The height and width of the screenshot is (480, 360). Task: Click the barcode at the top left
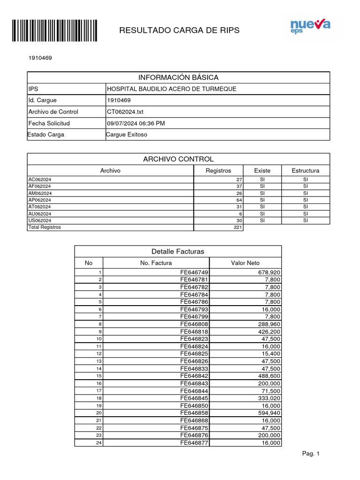(54, 31)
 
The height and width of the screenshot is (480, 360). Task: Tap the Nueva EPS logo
(310, 26)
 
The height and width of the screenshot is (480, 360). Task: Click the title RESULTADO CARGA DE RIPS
(179, 30)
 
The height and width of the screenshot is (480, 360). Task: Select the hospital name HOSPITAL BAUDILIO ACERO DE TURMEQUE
(172, 89)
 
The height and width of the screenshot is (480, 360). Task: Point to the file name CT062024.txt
(125, 112)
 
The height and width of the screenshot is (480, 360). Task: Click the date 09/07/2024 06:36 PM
(136, 123)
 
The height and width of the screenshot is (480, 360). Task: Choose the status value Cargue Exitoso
(127, 135)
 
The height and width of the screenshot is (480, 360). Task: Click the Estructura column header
(305, 171)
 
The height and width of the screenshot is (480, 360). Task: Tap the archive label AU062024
(40, 214)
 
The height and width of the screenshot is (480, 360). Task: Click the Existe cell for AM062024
(262, 193)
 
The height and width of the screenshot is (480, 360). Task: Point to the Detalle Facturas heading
(178, 252)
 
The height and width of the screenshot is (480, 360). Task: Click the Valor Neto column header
(245, 263)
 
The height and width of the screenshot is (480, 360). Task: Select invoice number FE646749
(194, 272)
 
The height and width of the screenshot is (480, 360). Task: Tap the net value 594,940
(269, 413)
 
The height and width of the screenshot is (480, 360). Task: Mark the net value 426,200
(269, 331)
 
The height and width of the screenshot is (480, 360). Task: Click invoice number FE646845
(194, 398)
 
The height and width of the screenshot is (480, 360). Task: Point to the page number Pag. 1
(311, 454)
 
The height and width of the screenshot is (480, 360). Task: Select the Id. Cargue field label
(43, 100)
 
